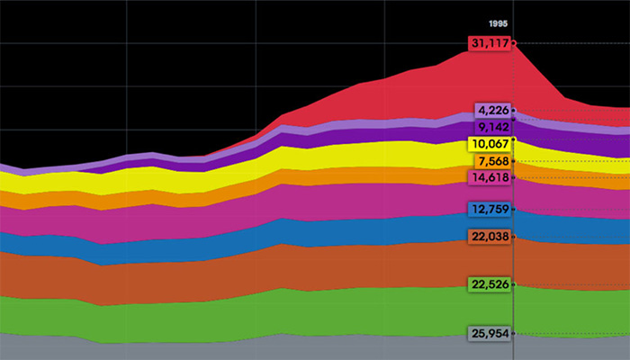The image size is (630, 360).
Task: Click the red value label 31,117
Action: pos(490,43)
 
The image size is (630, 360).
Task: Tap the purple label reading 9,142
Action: pos(492,127)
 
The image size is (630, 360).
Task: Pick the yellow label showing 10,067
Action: pos(490,145)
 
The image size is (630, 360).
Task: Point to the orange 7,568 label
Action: pos(492,161)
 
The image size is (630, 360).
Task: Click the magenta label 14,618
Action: pos(490,178)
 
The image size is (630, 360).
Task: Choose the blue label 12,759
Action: pos(490,210)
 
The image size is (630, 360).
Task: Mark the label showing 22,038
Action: pos(490,237)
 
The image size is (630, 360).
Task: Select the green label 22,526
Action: pos(490,285)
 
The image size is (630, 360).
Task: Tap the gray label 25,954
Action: pos(490,334)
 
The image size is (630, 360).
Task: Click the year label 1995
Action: pos(500,23)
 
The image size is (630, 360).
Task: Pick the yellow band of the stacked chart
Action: pos(360,153)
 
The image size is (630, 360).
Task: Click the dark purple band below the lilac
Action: pos(360,134)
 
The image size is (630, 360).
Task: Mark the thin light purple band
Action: pos(360,123)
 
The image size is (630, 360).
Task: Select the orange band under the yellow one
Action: pos(360,174)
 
